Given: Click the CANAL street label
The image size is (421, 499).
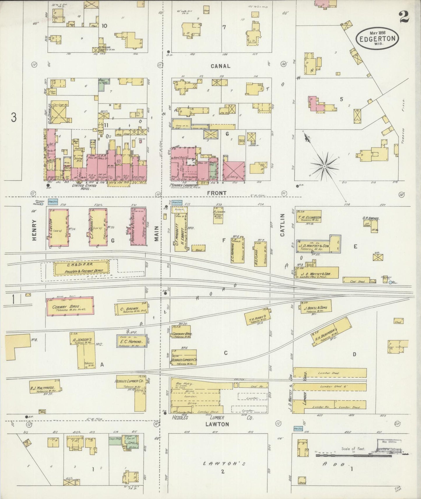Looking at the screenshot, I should (220, 66).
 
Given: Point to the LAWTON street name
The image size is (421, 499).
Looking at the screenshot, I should (217, 424).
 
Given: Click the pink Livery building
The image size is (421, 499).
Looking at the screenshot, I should (234, 171).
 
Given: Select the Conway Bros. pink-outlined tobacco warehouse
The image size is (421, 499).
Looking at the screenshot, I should (70, 306).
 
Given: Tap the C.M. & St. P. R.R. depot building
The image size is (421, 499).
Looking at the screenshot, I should (81, 268).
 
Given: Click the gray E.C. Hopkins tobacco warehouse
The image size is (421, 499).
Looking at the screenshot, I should (132, 341).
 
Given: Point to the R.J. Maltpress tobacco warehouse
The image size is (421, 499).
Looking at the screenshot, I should (45, 386).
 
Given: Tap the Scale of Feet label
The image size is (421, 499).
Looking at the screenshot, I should (353, 449).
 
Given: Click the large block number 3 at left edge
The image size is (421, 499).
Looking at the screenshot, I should (14, 117).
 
